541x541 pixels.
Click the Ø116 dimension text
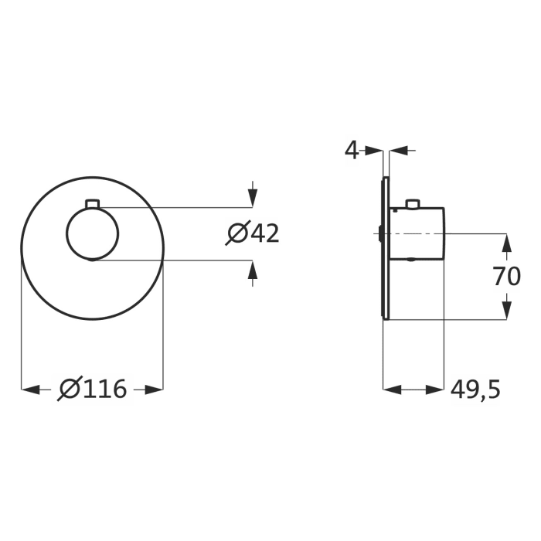click(92, 390)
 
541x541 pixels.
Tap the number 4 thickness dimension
click(352, 150)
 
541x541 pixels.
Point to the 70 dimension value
click(507, 276)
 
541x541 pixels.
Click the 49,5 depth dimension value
click(475, 390)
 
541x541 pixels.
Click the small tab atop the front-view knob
click(92, 203)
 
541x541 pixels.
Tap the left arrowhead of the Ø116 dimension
click(29, 390)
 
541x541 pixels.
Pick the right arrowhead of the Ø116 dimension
click(155, 390)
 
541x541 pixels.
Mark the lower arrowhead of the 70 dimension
click(506, 310)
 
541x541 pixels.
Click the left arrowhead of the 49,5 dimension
click(393, 390)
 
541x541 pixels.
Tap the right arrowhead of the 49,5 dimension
click(437, 390)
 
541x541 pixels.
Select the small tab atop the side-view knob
click(414, 203)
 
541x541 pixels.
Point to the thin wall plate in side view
click(384, 247)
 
